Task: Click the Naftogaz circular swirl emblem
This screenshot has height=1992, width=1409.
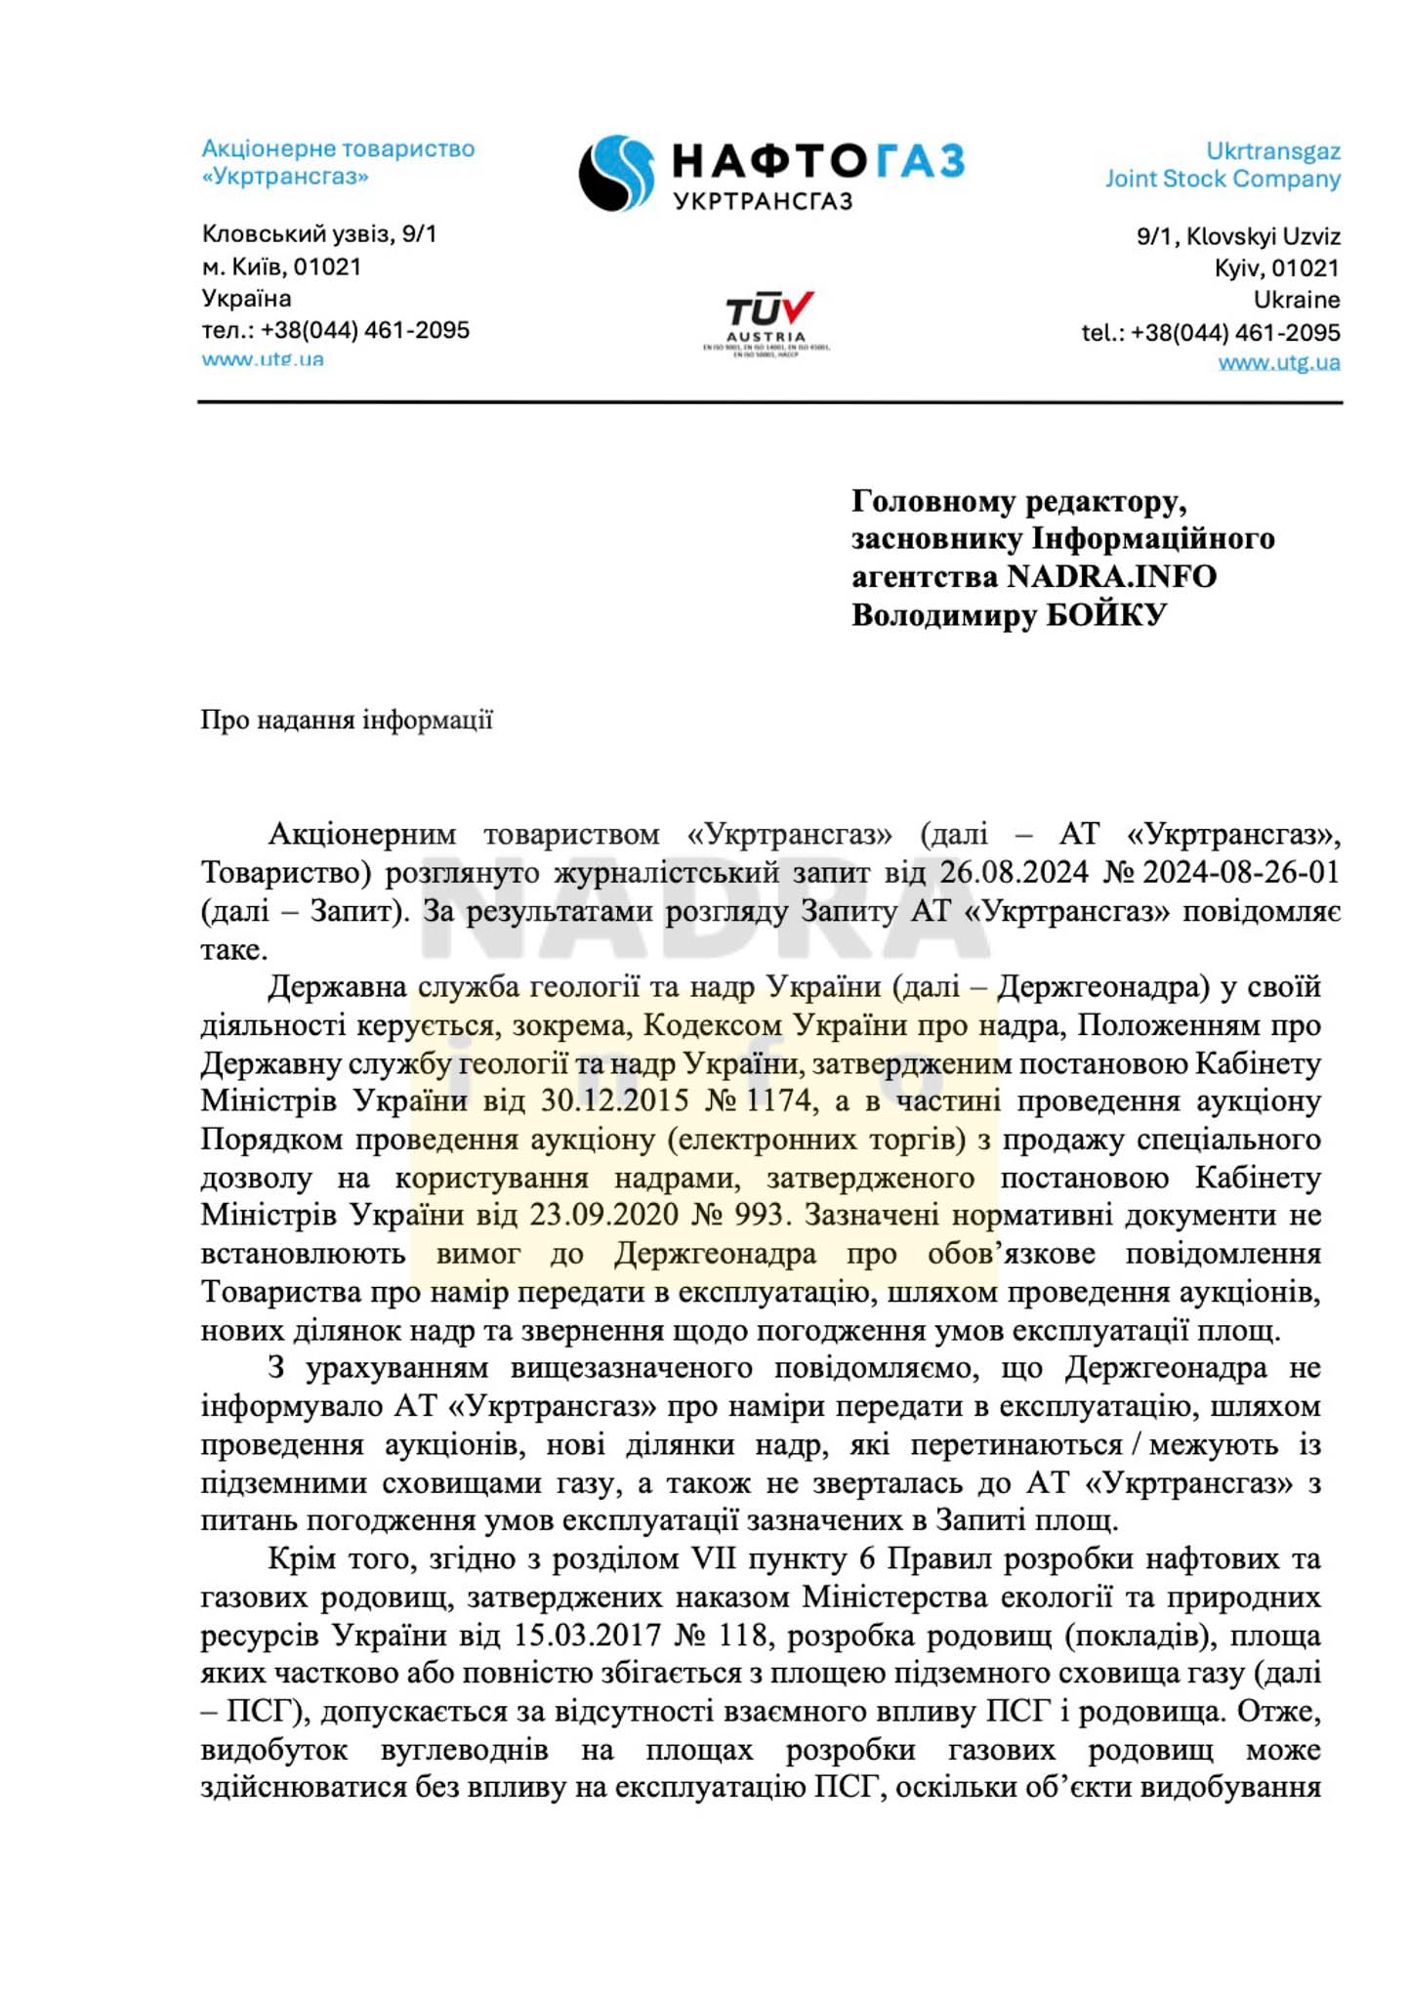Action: point(616,173)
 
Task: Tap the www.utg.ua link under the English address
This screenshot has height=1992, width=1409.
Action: point(1278,363)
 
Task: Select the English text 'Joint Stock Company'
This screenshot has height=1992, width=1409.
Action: point(1223,179)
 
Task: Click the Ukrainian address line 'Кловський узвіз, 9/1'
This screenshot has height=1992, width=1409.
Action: point(319,234)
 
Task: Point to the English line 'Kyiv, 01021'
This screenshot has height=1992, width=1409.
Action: point(1276,268)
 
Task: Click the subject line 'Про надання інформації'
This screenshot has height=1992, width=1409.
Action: point(347,721)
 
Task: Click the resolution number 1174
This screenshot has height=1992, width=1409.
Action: point(778,1100)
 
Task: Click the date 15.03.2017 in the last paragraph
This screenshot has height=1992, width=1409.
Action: point(588,1635)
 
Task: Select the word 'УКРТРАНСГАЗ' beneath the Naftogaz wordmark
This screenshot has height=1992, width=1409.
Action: point(763,201)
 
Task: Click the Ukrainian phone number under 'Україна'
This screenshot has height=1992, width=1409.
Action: point(364,330)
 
